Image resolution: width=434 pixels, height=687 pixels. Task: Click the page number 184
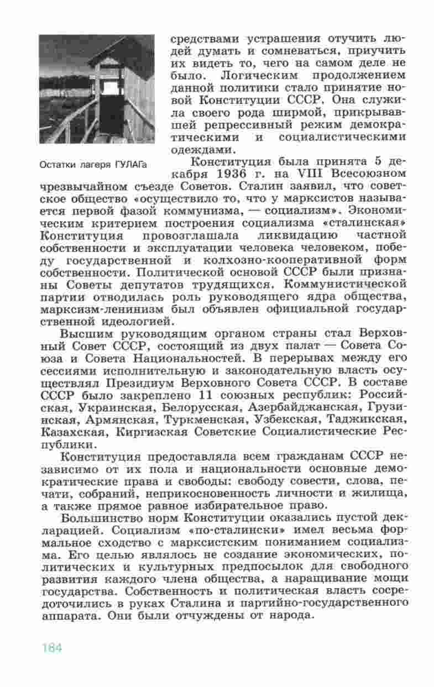pos(51,648)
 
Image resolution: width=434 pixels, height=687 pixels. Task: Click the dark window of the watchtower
pos(111,88)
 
